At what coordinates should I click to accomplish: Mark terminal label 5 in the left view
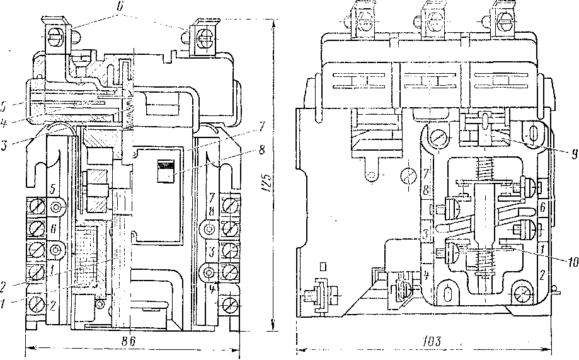pos(54,189)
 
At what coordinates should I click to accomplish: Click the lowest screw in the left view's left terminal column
pos(36,306)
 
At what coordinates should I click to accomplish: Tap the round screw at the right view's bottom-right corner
pos(523,293)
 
